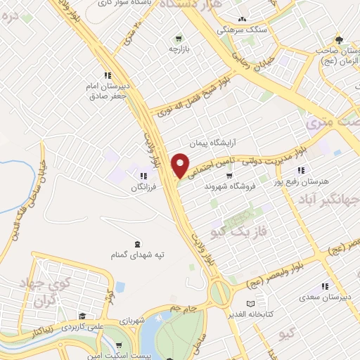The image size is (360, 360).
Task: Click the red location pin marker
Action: pos(181,165)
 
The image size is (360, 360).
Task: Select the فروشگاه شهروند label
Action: pos(226,188)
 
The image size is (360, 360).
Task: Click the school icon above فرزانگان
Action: pos(144,176)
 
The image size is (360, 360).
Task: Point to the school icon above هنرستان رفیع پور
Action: pos(300,169)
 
